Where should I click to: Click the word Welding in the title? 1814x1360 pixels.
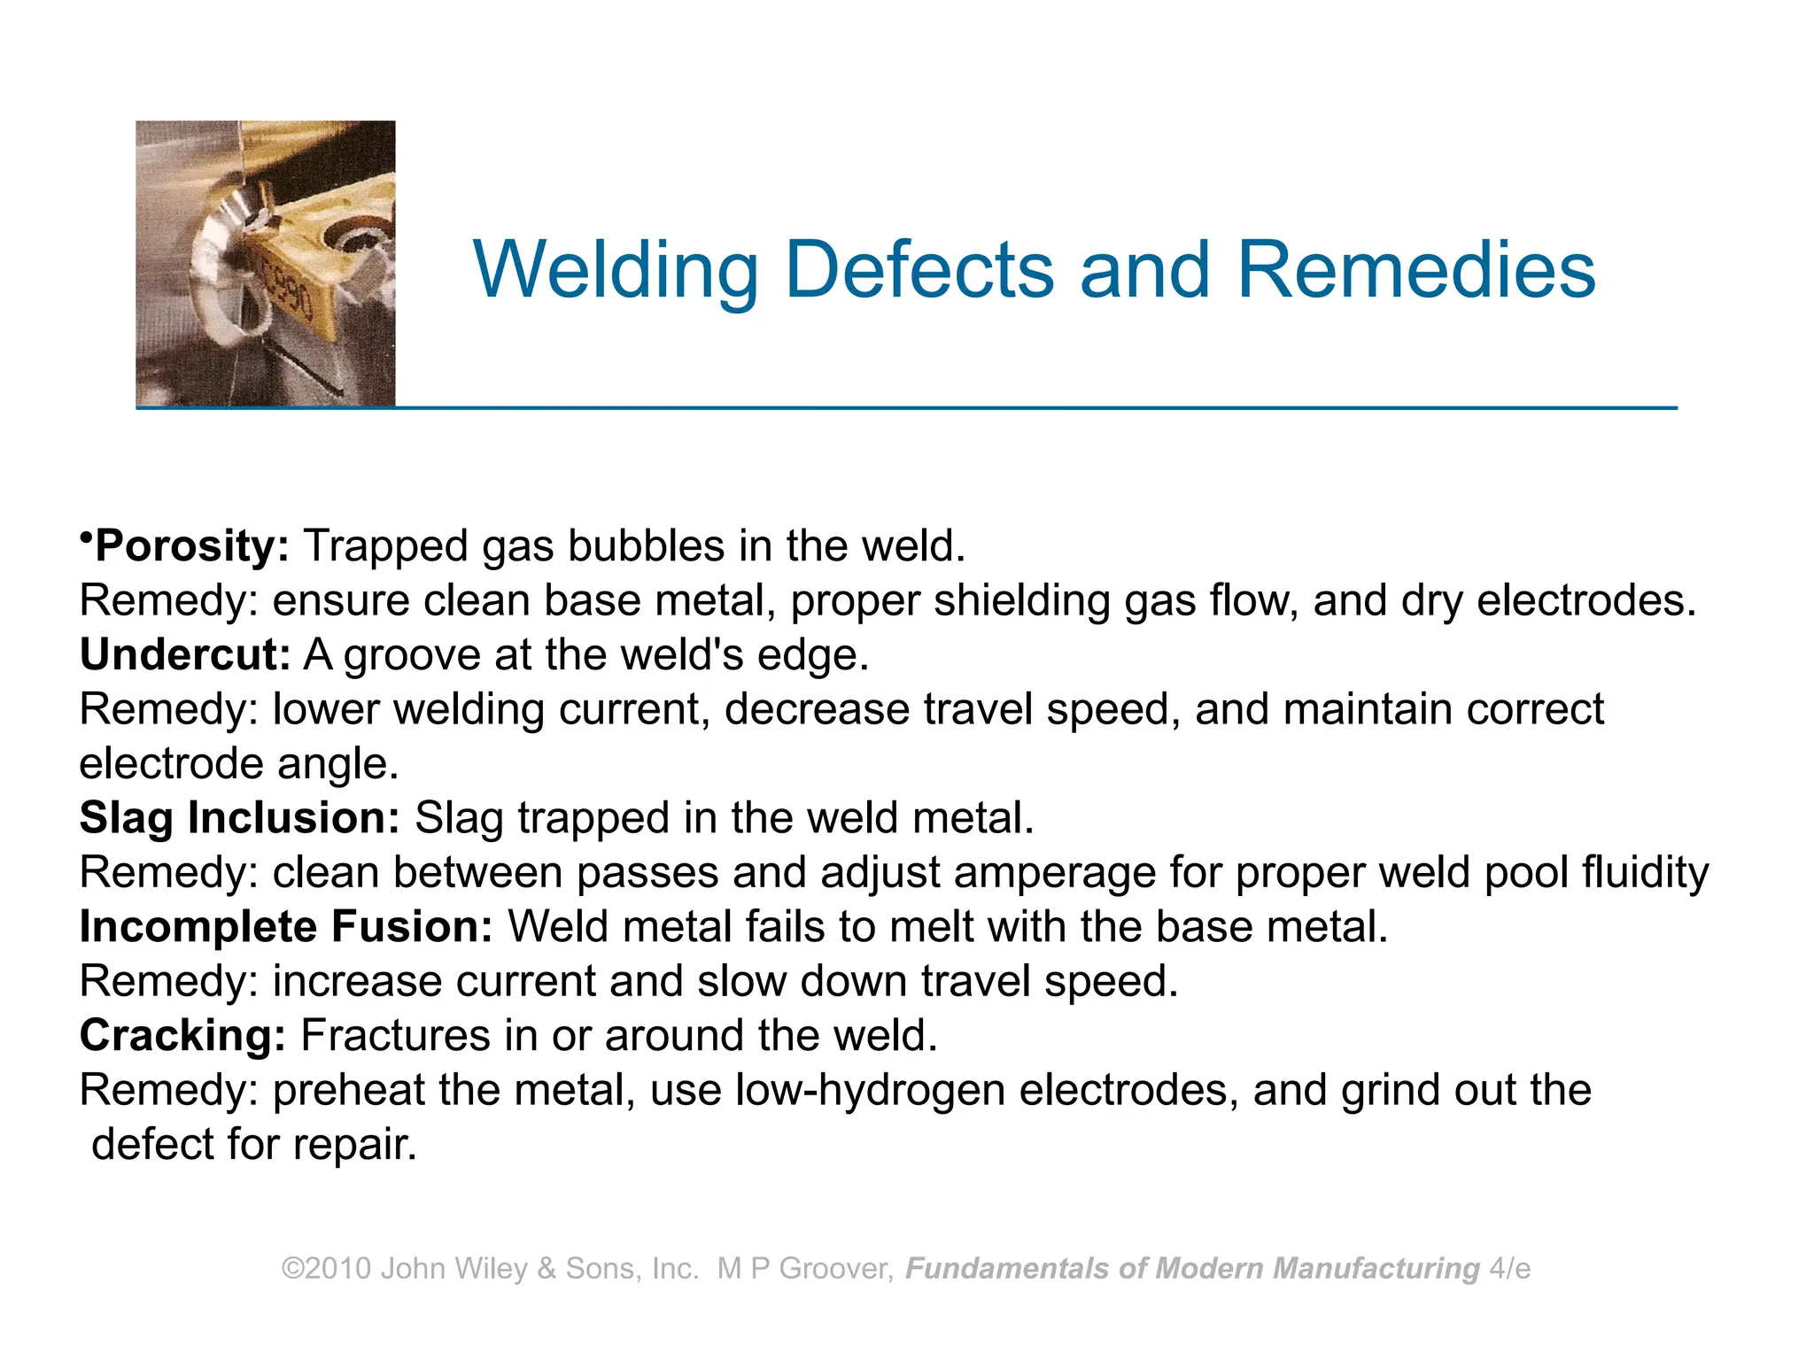(x=616, y=270)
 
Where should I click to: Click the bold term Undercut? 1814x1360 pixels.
(x=185, y=654)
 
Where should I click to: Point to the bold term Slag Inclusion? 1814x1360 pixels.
(x=240, y=817)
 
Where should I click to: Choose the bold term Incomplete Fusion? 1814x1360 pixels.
(x=286, y=926)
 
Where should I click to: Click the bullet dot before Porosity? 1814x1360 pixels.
(x=86, y=537)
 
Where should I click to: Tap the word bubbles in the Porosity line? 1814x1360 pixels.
(x=646, y=545)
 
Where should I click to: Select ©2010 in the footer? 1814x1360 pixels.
(x=326, y=1269)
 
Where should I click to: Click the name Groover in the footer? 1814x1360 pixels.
(x=835, y=1269)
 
